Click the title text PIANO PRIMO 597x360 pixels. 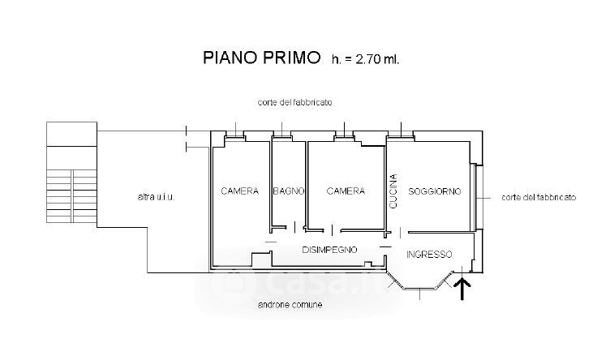pos(261,58)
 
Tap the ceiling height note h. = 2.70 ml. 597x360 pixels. pos(366,58)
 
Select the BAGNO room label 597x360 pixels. pos(289,191)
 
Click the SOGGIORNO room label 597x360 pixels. pos(435,191)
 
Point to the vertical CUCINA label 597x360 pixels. pos(393,191)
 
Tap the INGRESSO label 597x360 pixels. pos(429,254)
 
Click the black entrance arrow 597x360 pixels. pos(464,288)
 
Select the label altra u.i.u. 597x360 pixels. pos(157,198)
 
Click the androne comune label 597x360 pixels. pos(290,305)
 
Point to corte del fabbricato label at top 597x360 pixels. pos(295,103)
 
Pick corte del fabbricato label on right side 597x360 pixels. pos(539,197)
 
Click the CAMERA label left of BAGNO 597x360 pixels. pos(240,191)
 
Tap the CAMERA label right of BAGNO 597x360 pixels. pos(346,191)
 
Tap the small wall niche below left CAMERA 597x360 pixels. pos(260,259)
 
